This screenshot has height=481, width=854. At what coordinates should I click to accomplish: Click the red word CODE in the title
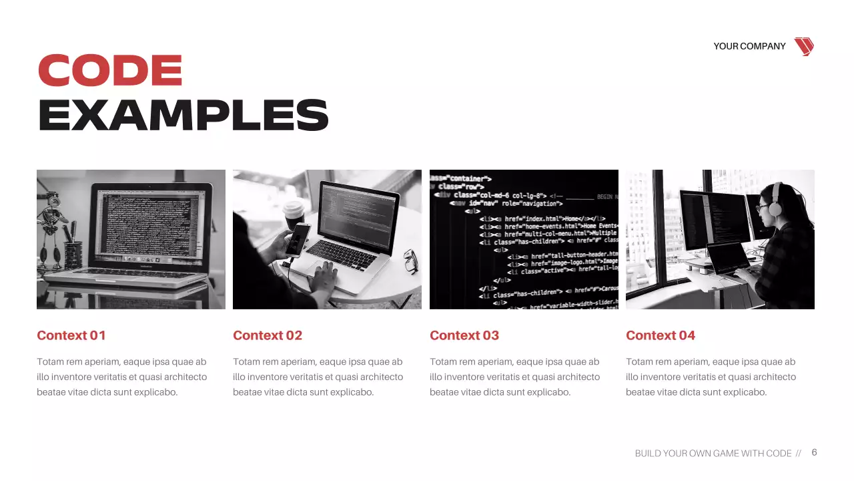coord(110,70)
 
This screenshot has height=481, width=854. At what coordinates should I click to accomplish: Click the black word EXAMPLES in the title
coord(183,115)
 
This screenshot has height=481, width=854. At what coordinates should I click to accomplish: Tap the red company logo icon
coord(804,46)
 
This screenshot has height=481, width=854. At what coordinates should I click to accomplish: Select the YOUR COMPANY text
coord(749,46)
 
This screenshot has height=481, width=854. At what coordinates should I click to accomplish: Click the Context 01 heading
coord(71,335)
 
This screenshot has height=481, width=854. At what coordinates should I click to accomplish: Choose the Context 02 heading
coord(268,335)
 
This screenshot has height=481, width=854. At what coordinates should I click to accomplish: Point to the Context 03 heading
coord(464,335)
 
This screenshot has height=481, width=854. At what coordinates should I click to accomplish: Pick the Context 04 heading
coord(661,335)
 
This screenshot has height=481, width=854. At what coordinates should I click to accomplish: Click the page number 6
coord(814,452)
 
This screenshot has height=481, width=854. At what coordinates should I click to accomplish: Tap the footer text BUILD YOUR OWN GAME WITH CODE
coord(713,454)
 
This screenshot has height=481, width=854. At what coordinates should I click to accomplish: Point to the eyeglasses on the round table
coord(411,261)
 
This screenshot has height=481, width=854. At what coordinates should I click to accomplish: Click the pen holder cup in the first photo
coord(73,254)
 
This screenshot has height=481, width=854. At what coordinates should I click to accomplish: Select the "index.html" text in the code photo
coord(542,218)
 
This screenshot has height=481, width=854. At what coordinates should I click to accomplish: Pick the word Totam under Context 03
coord(443,362)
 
